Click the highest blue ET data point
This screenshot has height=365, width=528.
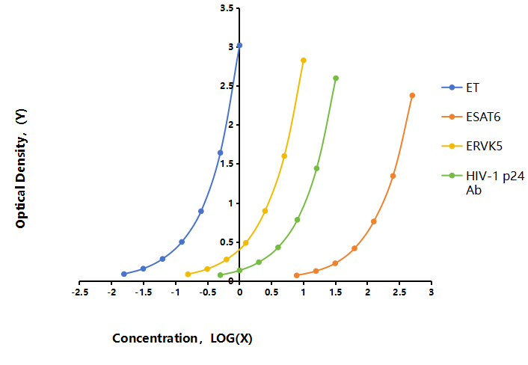[239, 46]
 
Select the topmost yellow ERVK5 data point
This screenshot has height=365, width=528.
[304, 61]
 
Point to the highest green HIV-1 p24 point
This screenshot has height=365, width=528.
[336, 78]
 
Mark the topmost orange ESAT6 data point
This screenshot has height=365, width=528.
[412, 96]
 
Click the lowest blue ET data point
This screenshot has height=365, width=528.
[124, 274]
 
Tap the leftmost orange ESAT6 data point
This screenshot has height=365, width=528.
[297, 275]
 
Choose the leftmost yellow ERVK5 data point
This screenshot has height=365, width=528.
[188, 274]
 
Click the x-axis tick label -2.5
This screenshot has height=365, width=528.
[80, 292]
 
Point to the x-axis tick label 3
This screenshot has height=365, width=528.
[431, 292]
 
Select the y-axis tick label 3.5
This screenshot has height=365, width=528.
[227, 8]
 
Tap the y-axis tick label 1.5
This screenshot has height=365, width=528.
[227, 164]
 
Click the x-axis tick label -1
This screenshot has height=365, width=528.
[176, 292]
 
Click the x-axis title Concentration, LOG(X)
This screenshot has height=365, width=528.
[182, 338]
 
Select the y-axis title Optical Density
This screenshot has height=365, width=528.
[21, 168]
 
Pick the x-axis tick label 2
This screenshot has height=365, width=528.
[367, 292]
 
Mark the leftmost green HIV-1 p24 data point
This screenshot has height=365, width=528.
[220, 275]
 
